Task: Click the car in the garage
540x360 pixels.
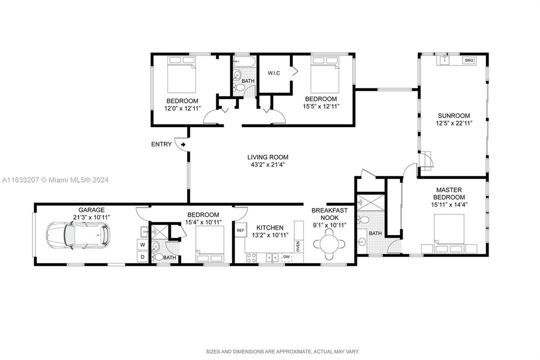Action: tap(78, 236)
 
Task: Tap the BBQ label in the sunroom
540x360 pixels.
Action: tap(469, 60)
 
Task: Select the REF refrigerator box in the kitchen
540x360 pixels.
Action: tap(240, 230)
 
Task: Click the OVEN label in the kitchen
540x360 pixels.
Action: tap(298, 246)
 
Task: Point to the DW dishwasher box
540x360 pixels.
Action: tap(287, 257)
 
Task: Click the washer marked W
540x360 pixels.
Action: tap(142, 245)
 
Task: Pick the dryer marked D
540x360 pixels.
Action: tap(142, 256)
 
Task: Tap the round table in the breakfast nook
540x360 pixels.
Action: tap(329, 244)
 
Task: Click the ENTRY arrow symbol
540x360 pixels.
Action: tap(183, 144)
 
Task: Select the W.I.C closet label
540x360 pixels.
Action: tap(274, 73)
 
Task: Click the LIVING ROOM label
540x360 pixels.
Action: tap(268, 157)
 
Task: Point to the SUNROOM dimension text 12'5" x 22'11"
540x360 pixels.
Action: tap(454, 123)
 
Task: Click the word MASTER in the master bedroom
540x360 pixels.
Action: tap(449, 189)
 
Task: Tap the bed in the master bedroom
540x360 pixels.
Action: tap(449, 234)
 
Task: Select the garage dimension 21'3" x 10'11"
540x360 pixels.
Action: tap(91, 217)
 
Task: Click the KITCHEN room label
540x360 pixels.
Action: tap(270, 227)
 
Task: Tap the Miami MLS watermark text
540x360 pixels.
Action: tap(55, 179)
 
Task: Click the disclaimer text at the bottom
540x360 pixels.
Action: tap(282, 351)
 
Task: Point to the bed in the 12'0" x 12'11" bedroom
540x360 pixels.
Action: tap(181, 74)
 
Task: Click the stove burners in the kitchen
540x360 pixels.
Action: tap(251, 257)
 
